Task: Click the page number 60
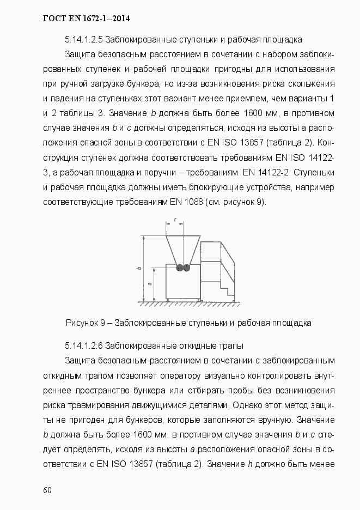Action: point(47,490)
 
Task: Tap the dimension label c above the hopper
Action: point(175,220)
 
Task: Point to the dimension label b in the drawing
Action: point(139,268)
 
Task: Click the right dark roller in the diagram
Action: point(186,268)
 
